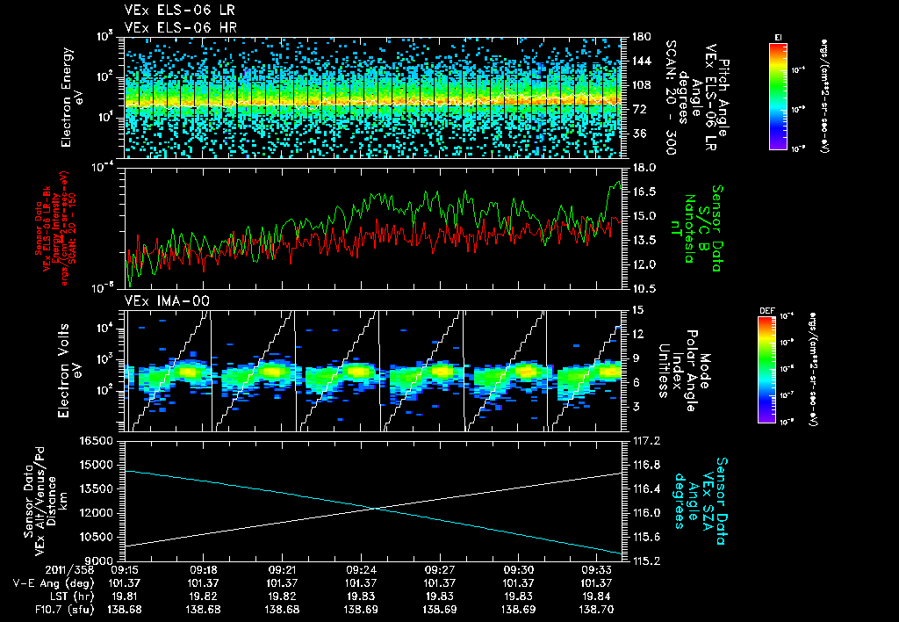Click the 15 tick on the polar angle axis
pos(636,309)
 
